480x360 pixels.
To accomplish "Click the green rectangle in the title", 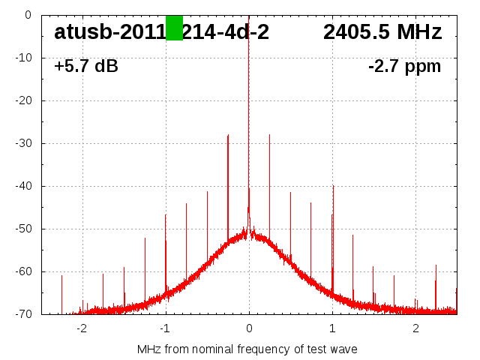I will click(x=174, y=28).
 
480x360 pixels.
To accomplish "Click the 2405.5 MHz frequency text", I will click(x=382, y=32).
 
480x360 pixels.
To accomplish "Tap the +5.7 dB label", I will click(x=85, y=67).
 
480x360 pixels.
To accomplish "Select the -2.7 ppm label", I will click(x=404, y=67).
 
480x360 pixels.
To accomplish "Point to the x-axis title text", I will click(x=247, y=349).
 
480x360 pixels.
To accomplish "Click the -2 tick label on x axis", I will click(x=82, y=328).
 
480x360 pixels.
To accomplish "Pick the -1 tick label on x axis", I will click(x=165, y=328).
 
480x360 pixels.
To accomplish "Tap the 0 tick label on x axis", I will click(x=249, y=328).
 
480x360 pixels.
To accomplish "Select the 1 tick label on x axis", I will click(x=332, y=328).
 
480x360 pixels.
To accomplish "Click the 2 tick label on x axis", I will click(x=415, y=328).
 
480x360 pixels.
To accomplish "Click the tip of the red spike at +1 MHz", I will click(x=333, y=186).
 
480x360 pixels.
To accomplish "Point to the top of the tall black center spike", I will click(x=249, y=16).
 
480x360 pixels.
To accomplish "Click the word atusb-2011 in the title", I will click(x=109, y=32).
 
